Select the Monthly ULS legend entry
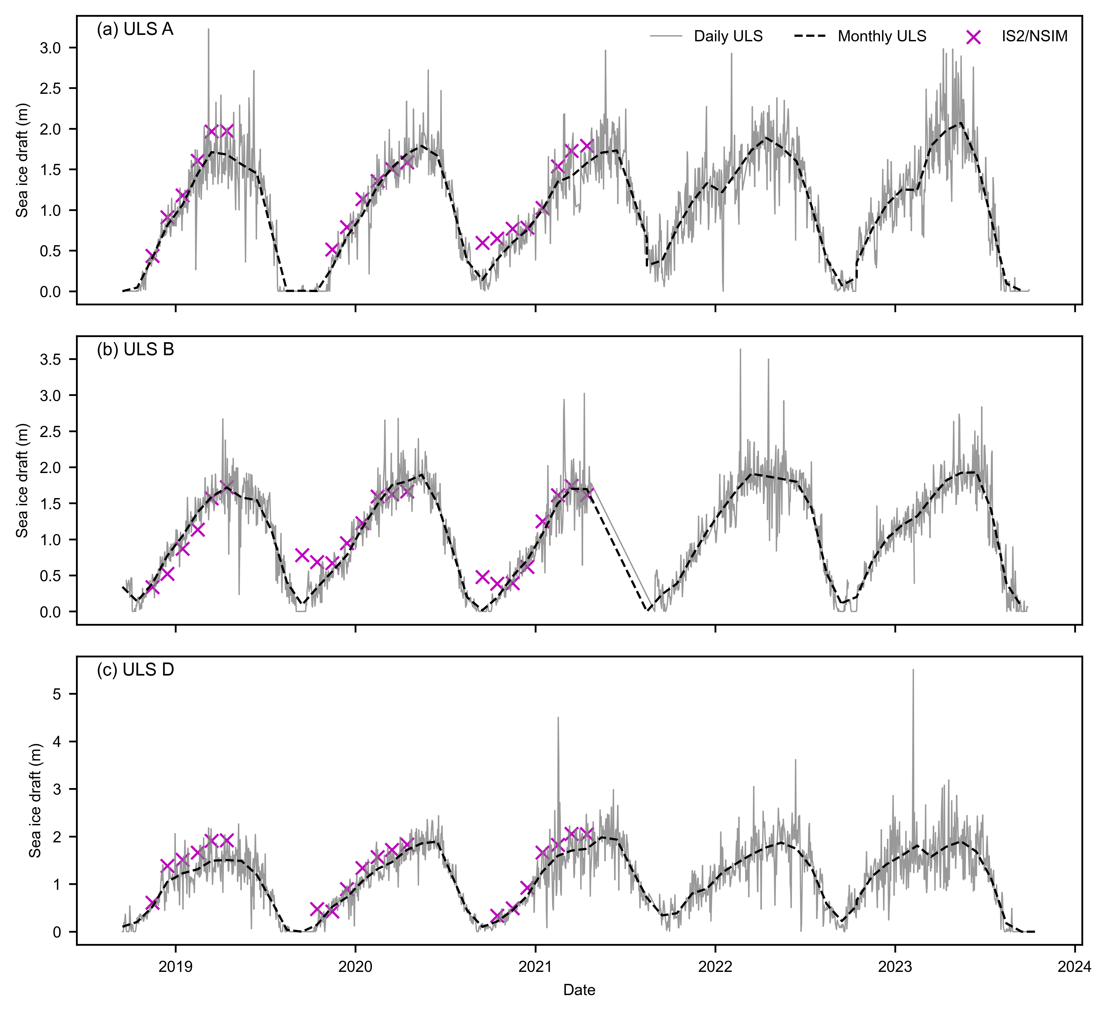coord(882,36)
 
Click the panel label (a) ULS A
coord(135,29)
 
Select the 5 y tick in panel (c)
coord(56,694)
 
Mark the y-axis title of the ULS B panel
coord(22,480)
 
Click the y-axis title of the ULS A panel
coord(22,160)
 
